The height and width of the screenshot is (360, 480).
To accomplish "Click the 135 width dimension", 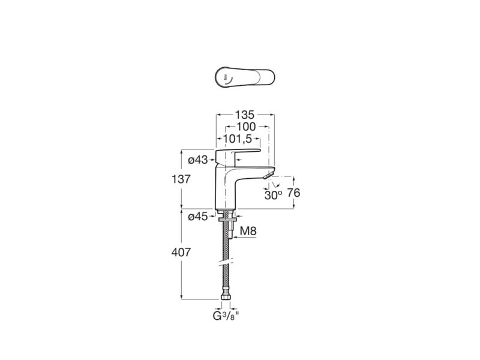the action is click(245, 115).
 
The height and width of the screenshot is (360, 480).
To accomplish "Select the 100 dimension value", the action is click(246, 127).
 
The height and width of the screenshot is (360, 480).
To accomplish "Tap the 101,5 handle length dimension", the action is click(237, 139).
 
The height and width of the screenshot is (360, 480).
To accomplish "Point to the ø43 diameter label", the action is click(198, 160).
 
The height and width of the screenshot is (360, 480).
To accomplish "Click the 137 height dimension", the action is click(181, 179).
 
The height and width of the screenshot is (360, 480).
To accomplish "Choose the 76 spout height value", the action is click(294, 193).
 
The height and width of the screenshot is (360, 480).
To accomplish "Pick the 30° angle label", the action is click(273, 196).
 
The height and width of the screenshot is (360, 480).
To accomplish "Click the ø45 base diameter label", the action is click(198, 217).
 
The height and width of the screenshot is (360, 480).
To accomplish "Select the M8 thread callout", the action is click(248, 231).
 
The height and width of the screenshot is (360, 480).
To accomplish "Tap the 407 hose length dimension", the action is click(181, 253).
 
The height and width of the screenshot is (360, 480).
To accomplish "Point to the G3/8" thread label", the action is click(226, 316).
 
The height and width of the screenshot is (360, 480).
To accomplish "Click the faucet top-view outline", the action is click(245, 77).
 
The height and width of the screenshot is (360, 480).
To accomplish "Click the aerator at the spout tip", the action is click(268, 175).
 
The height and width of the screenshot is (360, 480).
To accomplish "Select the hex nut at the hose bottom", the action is click(226, 298).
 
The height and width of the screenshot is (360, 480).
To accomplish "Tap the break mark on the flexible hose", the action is click(226, 262).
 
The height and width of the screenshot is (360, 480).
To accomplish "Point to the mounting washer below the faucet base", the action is click(227, 220).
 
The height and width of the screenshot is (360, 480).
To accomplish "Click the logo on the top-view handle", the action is click(226, 78).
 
